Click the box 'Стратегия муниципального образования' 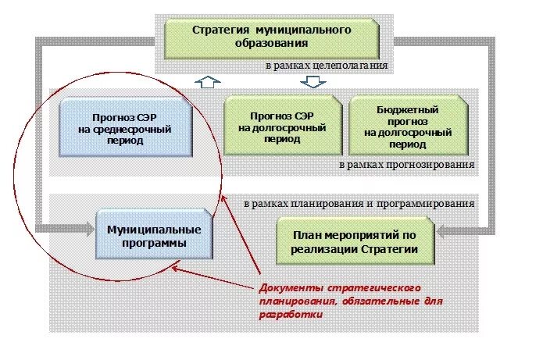click(272, 37)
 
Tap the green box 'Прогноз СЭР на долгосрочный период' click(283, 124)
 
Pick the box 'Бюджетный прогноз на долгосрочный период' click(405, 124)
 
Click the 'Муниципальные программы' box click(154, 236)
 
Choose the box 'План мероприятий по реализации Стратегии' click(355, 241)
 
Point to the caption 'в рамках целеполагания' click(326, 66)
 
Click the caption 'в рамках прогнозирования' click(407, 166)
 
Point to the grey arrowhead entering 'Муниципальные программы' click(87, 229)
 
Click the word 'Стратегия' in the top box click(217, 30)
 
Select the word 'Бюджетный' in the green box click(405, 111)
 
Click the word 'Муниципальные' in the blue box click(154, 230)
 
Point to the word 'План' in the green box click(306, 235)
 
